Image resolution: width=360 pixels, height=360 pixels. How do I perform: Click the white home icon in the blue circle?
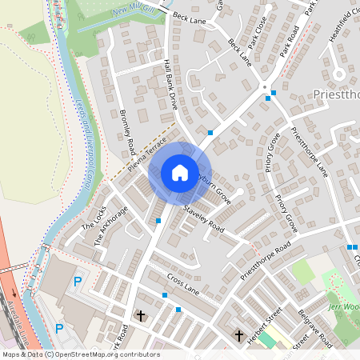click(180, 172)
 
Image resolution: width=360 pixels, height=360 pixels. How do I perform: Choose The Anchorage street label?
click(110, 225)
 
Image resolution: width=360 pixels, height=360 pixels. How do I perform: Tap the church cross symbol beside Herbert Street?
click(238, 335)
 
